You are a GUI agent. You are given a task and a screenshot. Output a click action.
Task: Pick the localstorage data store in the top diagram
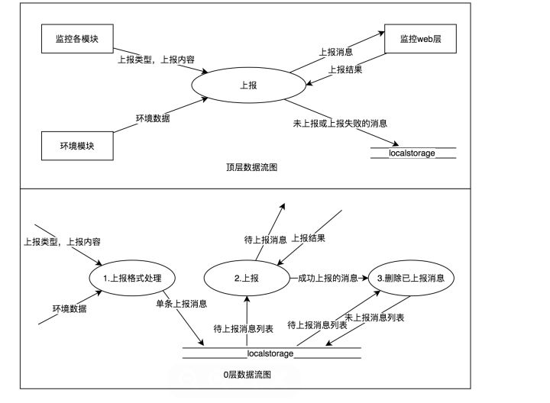(x=412, y=153)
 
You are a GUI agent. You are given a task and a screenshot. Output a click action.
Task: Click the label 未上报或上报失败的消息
(x=341, y=122)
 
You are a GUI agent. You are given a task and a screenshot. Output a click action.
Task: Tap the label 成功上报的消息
(x=329, y=279)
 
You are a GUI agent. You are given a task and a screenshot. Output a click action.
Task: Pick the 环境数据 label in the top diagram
(x=153, y=118)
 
